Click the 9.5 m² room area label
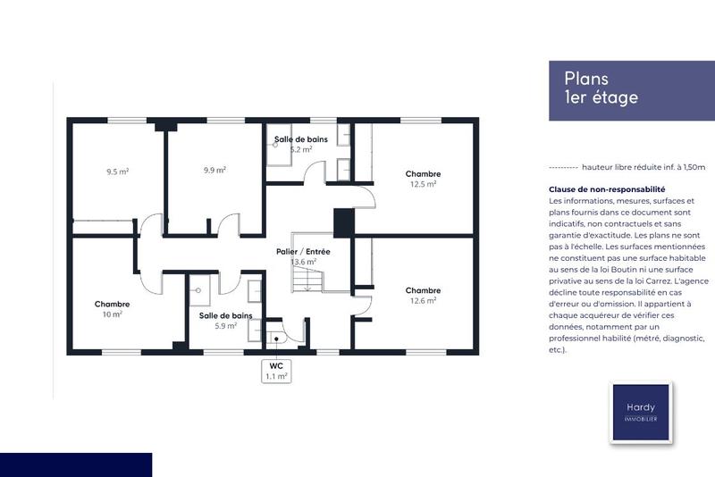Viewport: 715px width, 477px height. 118,171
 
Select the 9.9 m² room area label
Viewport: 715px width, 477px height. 214,170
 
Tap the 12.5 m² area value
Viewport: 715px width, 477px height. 423,184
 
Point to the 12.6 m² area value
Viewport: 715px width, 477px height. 423,301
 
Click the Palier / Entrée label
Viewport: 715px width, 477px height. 303,252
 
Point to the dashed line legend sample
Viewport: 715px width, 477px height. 562,167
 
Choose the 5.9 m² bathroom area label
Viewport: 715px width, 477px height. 225,326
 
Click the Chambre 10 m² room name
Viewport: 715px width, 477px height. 113,305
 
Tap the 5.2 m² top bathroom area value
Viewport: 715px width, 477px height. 300,150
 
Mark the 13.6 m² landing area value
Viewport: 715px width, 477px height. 304,263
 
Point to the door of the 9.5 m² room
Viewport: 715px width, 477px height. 150,226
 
